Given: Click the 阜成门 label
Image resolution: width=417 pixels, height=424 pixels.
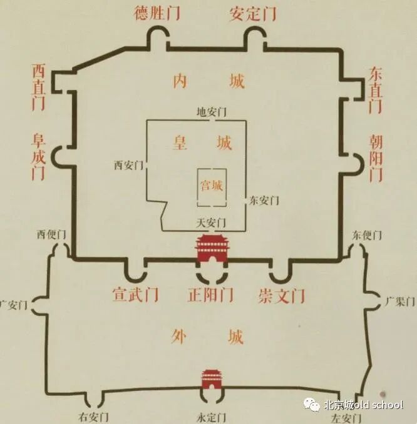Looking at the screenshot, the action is pyautogui.click(x=39, y=155).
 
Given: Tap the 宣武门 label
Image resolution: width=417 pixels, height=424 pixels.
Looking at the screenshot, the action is pyautogui.click(x=136, y=294).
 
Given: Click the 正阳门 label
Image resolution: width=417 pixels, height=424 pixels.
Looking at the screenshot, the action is pyautogui.click(x=210, y=294).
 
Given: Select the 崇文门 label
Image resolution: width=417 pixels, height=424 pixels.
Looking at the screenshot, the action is pyautogui.click(x=281, y=294).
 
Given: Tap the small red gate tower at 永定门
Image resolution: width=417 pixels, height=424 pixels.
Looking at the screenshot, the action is pyautogui.click(x=210, y=379).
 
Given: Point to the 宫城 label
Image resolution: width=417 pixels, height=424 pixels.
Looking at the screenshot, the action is pyautogui.click(x=211, y=185).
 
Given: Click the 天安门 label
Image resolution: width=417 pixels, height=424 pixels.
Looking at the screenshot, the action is pyautogui.click(x=211, y=222).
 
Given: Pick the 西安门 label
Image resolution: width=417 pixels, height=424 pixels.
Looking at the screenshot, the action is pyautogui.click(x=129, y=166).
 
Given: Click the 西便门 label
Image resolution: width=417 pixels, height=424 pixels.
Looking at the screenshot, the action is pyautogui.click(x=51, y=235).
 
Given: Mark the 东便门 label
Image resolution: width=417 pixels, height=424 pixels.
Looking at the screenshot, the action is pyautogui.click(x=367, y=235).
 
